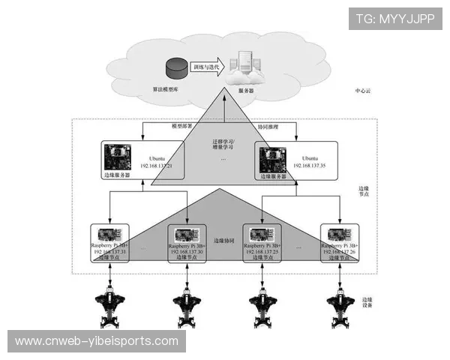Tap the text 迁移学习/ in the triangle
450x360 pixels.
(223, 139)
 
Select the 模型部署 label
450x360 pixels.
(182, 127)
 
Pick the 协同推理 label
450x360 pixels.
(268, 127)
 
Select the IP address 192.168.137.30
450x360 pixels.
(187, 252)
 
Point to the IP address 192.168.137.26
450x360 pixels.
(340, 252)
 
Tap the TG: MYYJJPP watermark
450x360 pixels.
(394, 18)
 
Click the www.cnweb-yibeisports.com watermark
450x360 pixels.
(97, 341)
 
